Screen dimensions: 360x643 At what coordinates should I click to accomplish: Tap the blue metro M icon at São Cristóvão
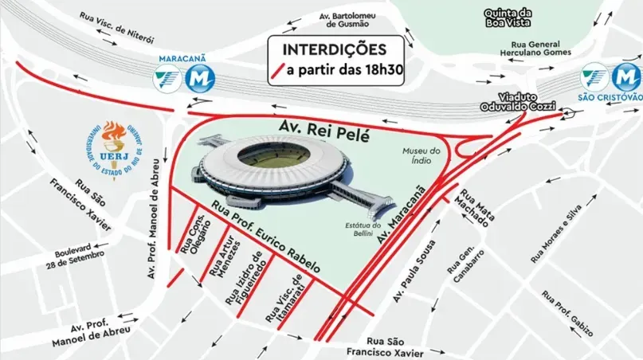pos(627,78)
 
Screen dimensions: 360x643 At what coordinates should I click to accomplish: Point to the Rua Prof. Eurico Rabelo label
pos(267,239)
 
